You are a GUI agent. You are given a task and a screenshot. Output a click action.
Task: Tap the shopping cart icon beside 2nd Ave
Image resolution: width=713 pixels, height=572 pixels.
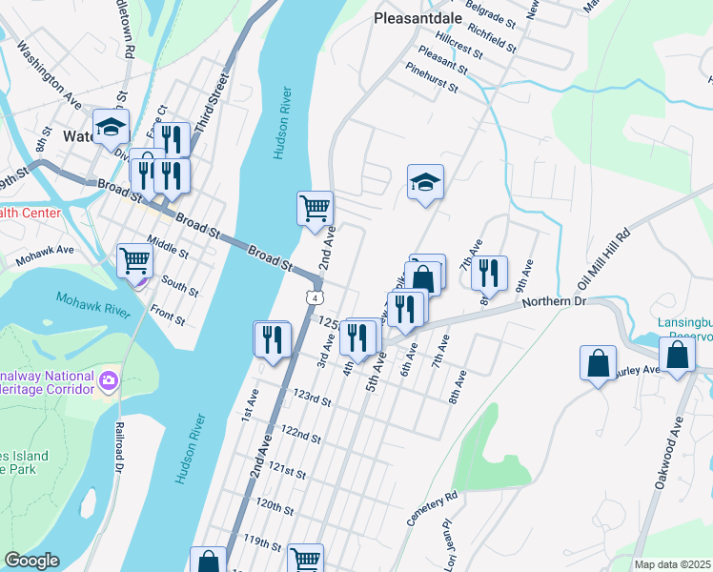[316, 208]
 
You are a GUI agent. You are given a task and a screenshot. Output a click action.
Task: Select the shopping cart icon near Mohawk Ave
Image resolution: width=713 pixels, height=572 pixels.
[135, 259]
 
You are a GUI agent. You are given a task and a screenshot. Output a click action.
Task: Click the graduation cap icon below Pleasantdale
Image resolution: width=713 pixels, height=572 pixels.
[425, 181]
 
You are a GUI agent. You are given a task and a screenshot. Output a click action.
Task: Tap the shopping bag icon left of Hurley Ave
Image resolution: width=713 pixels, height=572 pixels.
[598, 363]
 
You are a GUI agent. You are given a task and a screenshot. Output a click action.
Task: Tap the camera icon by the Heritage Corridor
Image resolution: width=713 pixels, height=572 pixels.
[109, 380]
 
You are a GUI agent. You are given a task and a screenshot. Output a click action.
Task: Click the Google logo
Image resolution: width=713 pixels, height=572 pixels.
[31, 561]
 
